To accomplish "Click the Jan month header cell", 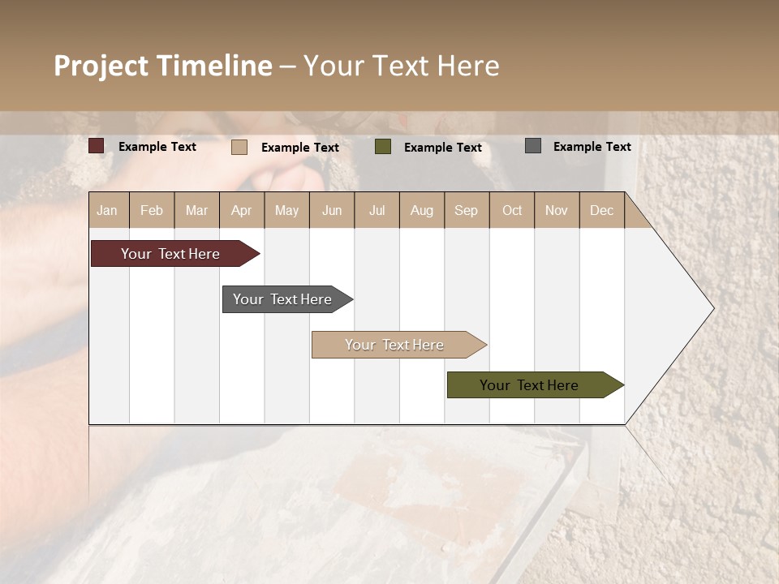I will coord(108,210).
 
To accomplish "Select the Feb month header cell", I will coord(152,210).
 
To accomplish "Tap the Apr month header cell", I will coord(242,210).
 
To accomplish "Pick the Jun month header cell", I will coord(332,210).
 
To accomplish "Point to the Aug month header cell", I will coord(422,210).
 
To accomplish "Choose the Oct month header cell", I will coord(512,210).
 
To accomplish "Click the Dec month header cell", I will coord(602,210).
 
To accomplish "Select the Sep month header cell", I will coord(467,210).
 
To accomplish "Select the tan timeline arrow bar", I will coord(396,345).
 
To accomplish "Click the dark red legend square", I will coord(97,146).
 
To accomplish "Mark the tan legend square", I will coord(239,147).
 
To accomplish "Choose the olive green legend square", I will coord(383,147).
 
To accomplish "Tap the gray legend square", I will coord(533,146).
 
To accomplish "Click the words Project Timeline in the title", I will coord(163,66).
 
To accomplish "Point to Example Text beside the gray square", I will coord(592,147).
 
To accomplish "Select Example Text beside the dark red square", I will coord(157,147).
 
